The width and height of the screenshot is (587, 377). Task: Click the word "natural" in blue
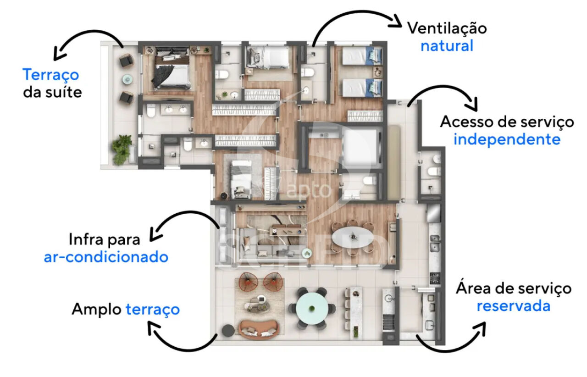point(447,46)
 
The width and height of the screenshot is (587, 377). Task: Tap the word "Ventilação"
point(447,28)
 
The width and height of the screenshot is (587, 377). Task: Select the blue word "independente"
point(507,139)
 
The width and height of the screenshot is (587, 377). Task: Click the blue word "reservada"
point(513,306)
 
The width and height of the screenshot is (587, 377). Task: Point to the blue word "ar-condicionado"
point(106,257)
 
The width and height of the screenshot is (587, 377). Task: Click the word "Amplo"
point(96,310)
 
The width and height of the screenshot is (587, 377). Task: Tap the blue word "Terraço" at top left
point(50,75)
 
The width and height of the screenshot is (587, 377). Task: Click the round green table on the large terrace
point(312,308)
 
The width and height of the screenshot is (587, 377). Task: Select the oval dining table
point(353,237)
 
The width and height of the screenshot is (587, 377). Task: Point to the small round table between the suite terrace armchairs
point(127,79)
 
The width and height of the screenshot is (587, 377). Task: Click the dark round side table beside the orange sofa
point(228,331)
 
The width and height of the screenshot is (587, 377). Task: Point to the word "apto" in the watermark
point(309,190)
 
